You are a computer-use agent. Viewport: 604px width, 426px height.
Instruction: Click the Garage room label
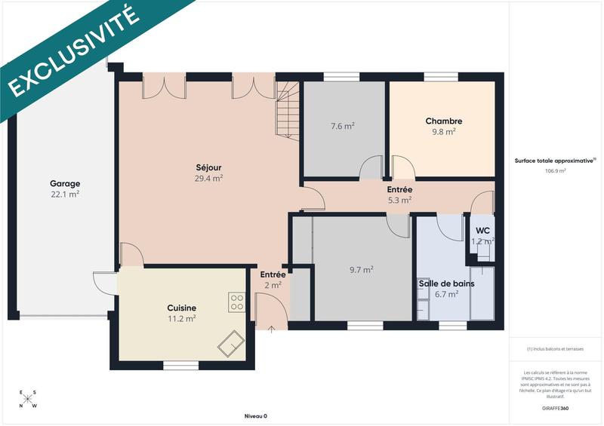pos(65,184)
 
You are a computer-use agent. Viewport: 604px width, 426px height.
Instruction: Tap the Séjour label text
pos(208,167)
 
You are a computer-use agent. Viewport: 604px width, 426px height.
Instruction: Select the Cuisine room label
pos(182,308)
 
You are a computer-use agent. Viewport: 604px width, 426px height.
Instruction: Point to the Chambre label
pos(443,121)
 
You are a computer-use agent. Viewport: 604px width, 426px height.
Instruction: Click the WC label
pos(482,230)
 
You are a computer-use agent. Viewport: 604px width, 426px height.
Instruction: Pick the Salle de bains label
pos(445,283)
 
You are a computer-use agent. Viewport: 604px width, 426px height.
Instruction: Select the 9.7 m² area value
pos(362,268)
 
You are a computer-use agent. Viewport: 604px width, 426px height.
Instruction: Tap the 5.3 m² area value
pos(399,201)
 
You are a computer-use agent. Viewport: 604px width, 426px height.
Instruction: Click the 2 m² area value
pos(273,286)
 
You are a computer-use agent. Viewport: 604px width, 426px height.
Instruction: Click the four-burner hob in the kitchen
pos(236,302)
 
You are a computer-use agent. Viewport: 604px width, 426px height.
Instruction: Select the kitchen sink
pos(230,342)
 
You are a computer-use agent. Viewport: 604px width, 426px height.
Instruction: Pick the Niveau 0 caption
pos(256,416)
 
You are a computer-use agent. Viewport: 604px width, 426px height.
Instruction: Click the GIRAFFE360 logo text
pos(555,407)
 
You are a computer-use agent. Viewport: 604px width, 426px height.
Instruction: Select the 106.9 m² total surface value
pos(555,171)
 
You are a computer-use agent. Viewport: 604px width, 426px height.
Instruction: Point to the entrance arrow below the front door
pos(272,329)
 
